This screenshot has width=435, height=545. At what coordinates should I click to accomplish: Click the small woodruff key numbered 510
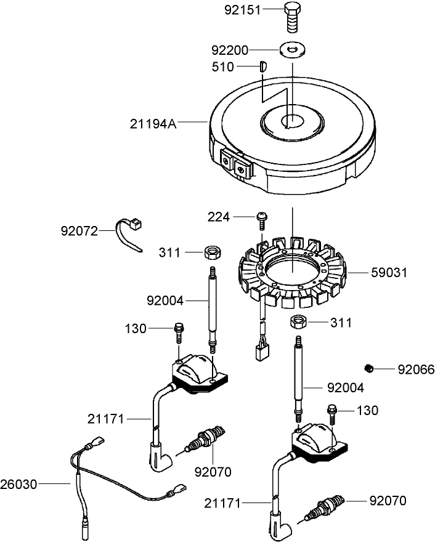262,66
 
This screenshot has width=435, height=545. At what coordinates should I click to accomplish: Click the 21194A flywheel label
153,124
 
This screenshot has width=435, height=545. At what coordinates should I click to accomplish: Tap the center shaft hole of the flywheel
290,123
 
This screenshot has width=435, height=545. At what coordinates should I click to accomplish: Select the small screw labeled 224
262,218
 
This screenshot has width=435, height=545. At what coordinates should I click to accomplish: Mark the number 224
218,217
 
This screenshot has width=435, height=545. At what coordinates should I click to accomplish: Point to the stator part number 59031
388,272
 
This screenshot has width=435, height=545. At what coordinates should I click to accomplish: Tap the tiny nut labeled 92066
369,368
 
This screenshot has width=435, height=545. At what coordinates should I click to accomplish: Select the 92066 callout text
416,370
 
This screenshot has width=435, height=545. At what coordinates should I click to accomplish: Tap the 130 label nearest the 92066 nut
368,410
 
